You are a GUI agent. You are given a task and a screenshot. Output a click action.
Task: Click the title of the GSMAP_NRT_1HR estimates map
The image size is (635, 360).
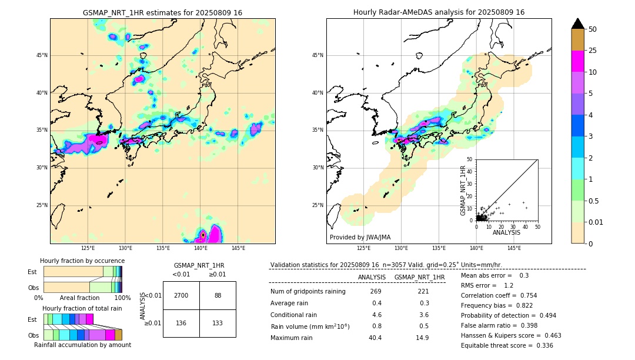point(162,12)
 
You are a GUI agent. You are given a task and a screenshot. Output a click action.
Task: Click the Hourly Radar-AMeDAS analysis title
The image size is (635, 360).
point(439,12)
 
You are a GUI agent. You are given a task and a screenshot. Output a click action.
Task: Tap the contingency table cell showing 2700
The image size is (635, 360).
point(181,295)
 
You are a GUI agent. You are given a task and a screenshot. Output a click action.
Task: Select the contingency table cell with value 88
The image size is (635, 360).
point(218,295)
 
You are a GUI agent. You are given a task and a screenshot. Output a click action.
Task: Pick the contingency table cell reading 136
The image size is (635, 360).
point(181,323)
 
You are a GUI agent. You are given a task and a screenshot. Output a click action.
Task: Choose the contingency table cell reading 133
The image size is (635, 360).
point(218,323)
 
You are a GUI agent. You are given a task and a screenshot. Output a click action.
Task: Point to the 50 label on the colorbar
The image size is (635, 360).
point(593,29)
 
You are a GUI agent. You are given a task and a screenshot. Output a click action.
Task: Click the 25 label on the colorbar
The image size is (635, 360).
point(593,51)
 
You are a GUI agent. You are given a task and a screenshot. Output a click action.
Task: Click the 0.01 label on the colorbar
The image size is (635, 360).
point(595,222)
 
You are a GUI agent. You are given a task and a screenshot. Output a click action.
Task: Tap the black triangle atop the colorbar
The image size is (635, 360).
point(578,24)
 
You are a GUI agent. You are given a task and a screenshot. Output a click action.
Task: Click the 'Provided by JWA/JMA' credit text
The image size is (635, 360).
point(360,237)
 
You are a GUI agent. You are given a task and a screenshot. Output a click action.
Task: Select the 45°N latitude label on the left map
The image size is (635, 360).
point(42,55)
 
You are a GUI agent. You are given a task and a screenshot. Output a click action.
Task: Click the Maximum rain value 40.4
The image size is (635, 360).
point(375,338)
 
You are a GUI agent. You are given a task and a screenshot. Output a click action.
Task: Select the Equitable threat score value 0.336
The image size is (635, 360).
point(541,345)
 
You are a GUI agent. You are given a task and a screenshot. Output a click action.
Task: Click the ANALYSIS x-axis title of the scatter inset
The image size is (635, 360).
point(506,232)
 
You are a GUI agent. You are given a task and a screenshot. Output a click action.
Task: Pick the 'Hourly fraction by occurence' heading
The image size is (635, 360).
point(82,261)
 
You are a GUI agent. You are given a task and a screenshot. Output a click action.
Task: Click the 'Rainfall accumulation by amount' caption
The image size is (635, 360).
point(82,345)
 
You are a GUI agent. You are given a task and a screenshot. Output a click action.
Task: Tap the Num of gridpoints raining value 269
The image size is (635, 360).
point(375,292)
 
